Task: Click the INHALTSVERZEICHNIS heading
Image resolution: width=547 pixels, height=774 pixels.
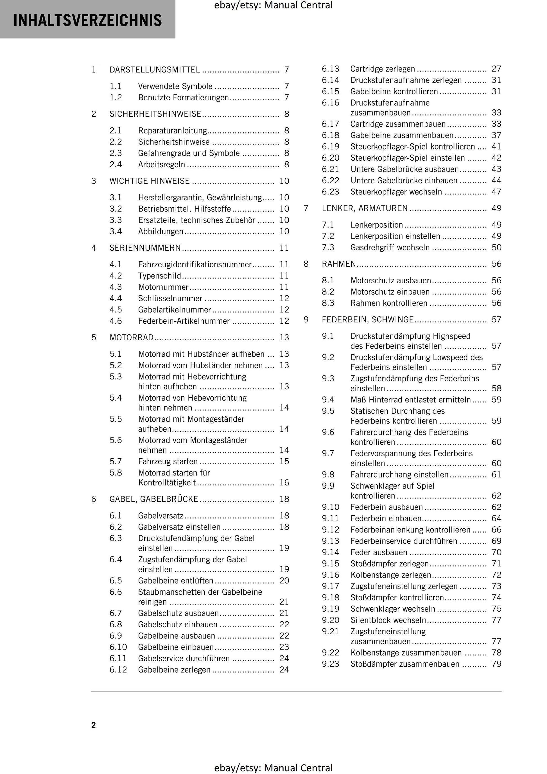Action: (x=87, y=20)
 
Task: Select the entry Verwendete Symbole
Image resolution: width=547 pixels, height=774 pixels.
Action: (x=175, y=86)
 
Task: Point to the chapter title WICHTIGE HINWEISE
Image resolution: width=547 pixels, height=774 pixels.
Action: (x=149, y=181)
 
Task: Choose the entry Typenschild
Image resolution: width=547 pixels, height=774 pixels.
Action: (x=159, y=276)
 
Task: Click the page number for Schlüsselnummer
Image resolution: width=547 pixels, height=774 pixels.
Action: (x=284, y=298)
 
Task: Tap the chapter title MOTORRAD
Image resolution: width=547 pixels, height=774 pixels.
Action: (x=132, y=338)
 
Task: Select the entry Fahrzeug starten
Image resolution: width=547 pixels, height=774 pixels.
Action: (x=168, y=461)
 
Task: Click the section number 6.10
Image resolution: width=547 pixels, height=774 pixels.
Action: (x=118, y=647)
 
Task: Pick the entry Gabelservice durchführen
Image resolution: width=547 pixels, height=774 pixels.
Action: (x=184, y=658)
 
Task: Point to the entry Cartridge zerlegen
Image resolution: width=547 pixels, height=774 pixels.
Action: (x=383, y=69)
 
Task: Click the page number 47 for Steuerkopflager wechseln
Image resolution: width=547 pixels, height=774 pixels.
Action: (x=496, y=192)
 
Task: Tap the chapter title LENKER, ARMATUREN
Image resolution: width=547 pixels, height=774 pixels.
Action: (x=365, y=208)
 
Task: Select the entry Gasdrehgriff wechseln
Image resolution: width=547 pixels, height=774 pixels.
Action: (x=390, y=247)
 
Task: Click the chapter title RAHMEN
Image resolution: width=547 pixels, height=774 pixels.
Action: (x=339, y=264)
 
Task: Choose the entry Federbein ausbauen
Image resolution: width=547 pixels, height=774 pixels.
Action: (x=386, y=507)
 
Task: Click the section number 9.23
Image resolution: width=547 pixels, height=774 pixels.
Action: (x=330, y=664)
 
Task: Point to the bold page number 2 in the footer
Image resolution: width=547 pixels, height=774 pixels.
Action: (x=93, y=725)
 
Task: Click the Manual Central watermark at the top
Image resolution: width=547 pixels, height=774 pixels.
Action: (x=273, y=5)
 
